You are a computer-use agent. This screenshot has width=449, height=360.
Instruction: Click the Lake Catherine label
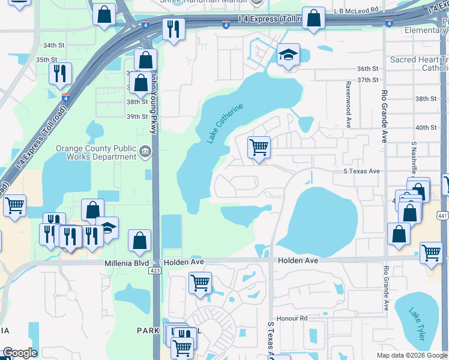pos(226,123)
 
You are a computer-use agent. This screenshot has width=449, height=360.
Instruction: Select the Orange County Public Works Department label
pos(96,152)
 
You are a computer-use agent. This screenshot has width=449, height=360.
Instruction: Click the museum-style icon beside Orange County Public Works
pos(145,152)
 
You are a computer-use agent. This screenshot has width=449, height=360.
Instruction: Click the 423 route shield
pos(155,271)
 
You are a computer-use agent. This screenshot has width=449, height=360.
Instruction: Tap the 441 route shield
pos(443,215)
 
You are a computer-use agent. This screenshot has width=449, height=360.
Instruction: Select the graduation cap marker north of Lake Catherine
pos(288,56)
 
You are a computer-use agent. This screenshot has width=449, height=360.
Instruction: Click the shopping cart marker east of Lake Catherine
pos(259,147)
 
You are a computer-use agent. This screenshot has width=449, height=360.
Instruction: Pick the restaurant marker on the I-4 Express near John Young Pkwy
pos(173,28)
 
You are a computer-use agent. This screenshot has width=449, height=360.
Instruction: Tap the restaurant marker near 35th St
pos(60,73)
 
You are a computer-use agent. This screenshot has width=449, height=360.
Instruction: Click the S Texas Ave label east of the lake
pos(361,171)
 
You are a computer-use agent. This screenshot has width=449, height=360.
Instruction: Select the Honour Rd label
pos(292,318)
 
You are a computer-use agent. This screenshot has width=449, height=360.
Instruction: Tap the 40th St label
pos(426,127)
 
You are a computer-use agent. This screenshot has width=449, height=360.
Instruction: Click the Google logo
pos(20,353)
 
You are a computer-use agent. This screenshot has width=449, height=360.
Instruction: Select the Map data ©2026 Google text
pos(412,355)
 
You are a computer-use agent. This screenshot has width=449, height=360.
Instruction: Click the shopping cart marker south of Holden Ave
pos(200,283)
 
